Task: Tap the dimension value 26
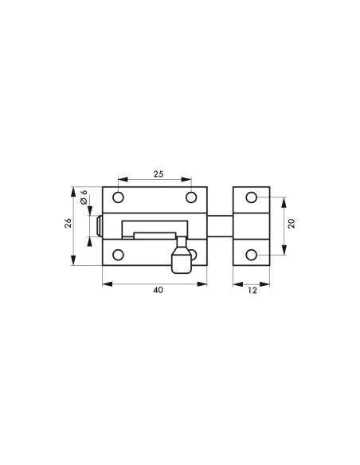(68, 226)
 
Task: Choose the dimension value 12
(252, 291)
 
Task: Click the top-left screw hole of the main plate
(119, 197)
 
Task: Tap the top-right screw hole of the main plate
(191, 197)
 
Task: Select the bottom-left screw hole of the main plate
(119, 255)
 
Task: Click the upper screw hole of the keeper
(252, 197)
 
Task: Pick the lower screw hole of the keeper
(252, 255)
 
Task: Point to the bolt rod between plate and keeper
(220, 225)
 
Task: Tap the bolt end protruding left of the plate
(99, 226)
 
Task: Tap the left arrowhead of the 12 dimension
(235, 283)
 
